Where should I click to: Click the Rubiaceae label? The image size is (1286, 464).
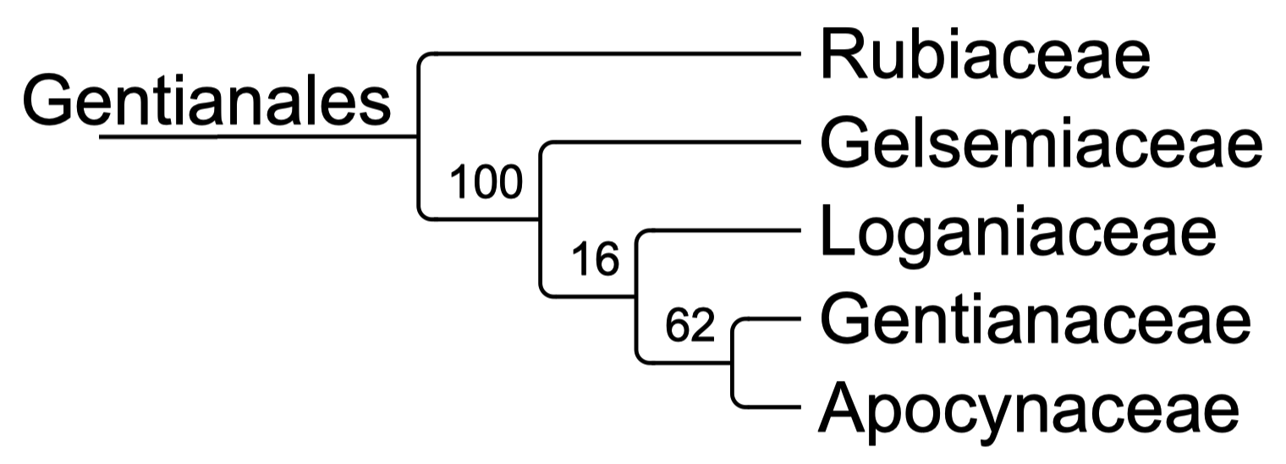(x=985, y=55)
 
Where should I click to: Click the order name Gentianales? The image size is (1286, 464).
(x=206, y=100)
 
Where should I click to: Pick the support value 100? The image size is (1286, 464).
(x=486, y=182)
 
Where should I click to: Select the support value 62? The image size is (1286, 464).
(x=690, y=325)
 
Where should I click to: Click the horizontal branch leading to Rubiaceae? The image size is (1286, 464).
(x=617, y=54)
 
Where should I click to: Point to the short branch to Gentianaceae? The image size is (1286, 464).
(x=774, y=318)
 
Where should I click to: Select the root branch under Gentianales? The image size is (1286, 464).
(x=258, y=136)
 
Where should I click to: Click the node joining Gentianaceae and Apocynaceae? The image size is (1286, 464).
(x=733, y=363)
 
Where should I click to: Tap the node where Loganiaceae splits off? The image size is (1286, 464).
(x=636, y=296)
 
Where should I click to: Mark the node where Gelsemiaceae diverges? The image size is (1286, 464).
(x=541, y=218)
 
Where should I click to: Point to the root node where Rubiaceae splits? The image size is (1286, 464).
(x=418, y=136)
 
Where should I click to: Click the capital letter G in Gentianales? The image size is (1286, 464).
(x=48, y=100)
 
